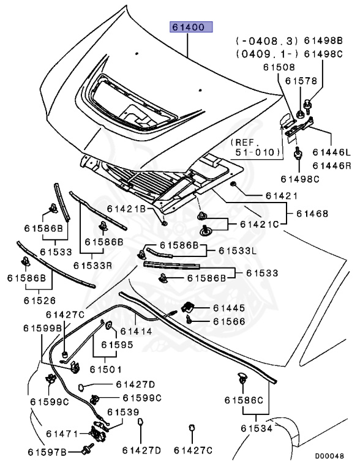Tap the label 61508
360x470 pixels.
coord(279,67)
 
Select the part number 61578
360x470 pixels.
coord(301,81)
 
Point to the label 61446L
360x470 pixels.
coord(331,152)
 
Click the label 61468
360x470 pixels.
coord(312,214)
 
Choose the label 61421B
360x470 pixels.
coord(126,209)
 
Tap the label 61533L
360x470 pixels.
coord(238,250)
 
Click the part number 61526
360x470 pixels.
coord(40,300)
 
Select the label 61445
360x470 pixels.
coord(229,308)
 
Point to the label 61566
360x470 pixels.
coord(229,321)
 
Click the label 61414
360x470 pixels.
coord(136,331)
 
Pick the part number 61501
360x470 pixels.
coord(106,369)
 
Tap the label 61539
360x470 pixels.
coord(123,412)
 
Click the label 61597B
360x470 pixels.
coord(47,452)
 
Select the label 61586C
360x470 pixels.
coord(244,400)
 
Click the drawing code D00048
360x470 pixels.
coord(329,456)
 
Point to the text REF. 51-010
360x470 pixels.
coord(255,147)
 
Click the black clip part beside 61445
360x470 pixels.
coord(188,307)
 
